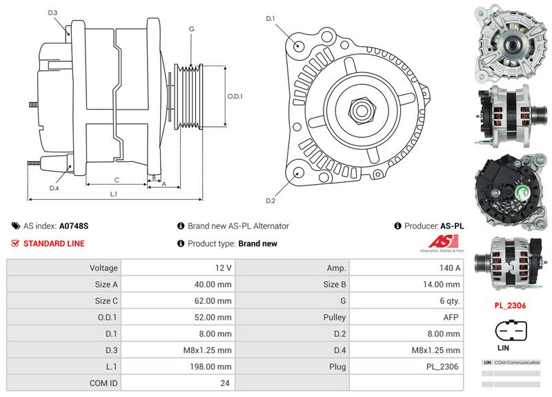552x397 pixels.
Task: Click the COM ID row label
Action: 103,383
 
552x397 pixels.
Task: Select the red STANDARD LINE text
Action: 54,243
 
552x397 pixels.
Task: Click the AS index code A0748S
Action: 74,225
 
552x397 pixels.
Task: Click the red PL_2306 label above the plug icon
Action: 509,305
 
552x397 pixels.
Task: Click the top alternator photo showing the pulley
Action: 509,41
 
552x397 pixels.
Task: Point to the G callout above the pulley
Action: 191,29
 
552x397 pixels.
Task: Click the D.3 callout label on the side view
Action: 53,12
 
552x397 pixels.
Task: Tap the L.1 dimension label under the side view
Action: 114,194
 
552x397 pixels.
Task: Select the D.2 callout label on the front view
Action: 270,201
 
